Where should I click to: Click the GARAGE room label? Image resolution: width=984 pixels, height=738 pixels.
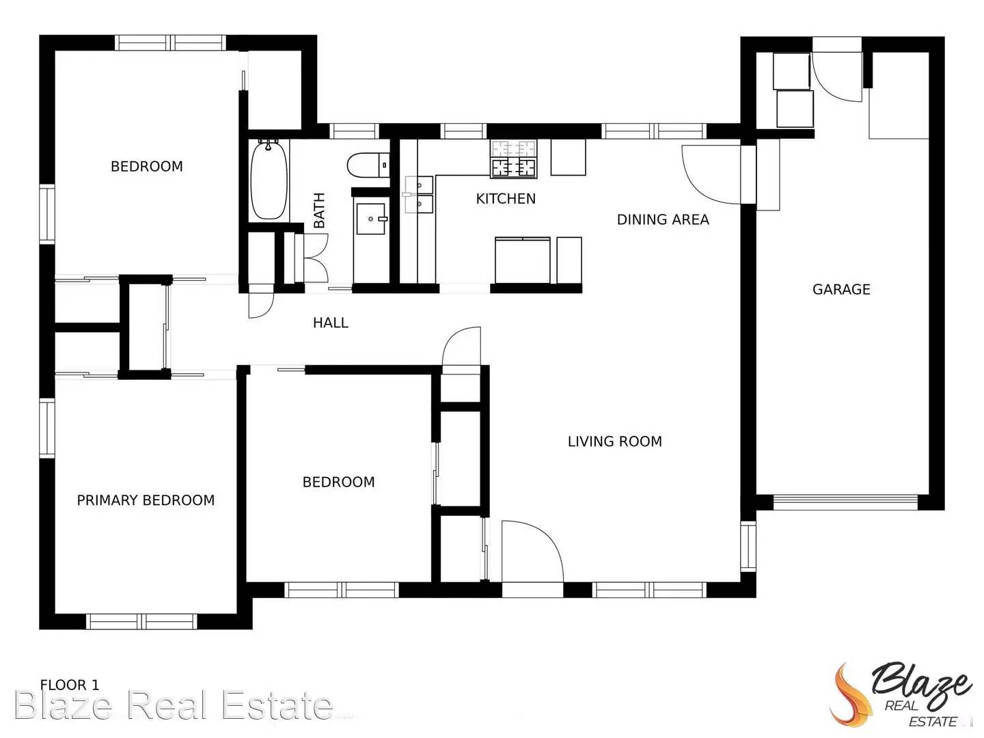coord(841,290)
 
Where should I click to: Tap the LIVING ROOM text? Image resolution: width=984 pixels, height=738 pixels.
coord(614,441)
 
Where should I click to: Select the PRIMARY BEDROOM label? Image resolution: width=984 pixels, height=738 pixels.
coord(146,500)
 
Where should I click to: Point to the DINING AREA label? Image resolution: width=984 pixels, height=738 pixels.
coord(663,219)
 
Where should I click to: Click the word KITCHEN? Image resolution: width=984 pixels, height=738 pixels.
coord(506,199)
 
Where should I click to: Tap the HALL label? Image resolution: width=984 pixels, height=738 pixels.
coord(331,323)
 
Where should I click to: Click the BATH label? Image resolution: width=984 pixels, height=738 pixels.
coord(319,210)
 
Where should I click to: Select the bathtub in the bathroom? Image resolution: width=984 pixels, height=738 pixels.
coord(268,180)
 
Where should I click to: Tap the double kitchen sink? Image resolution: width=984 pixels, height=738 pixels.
coord(418,195)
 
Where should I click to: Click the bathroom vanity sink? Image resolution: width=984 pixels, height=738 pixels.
coord(371,219)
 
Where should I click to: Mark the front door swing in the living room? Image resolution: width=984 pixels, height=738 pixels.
coord(532,552)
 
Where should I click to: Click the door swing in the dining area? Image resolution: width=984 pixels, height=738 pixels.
coord(711,174)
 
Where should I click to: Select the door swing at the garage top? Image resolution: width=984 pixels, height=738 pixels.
coord(834,72)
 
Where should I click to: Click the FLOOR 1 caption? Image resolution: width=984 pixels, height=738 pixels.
coord(70,685)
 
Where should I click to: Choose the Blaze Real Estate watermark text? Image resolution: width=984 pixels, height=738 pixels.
coord(174,705)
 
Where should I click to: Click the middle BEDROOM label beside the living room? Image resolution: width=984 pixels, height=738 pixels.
coord(338,482)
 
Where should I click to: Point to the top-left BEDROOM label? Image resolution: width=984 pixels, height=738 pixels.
coord(147,167)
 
